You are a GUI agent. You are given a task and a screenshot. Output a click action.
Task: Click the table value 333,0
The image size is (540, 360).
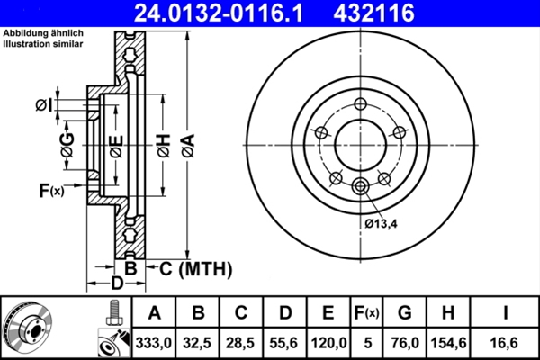click(154, 341)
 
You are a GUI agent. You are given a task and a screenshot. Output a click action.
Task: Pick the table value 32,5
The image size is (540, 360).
click(198, 341)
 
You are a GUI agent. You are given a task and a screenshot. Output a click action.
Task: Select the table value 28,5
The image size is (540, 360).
click(241, 341)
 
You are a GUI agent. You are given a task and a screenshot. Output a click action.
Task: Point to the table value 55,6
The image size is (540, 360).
click(285, 341)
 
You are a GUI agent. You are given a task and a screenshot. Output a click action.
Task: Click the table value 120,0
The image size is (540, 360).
click(328, 341)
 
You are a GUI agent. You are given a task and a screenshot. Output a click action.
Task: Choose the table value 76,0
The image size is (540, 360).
click(404, 341)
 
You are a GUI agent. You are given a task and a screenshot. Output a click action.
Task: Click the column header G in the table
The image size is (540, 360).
click(404, 313)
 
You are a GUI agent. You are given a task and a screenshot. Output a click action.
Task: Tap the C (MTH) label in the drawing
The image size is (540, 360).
click(195, 268)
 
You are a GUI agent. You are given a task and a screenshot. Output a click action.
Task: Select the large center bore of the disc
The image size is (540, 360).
click(360, 144)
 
